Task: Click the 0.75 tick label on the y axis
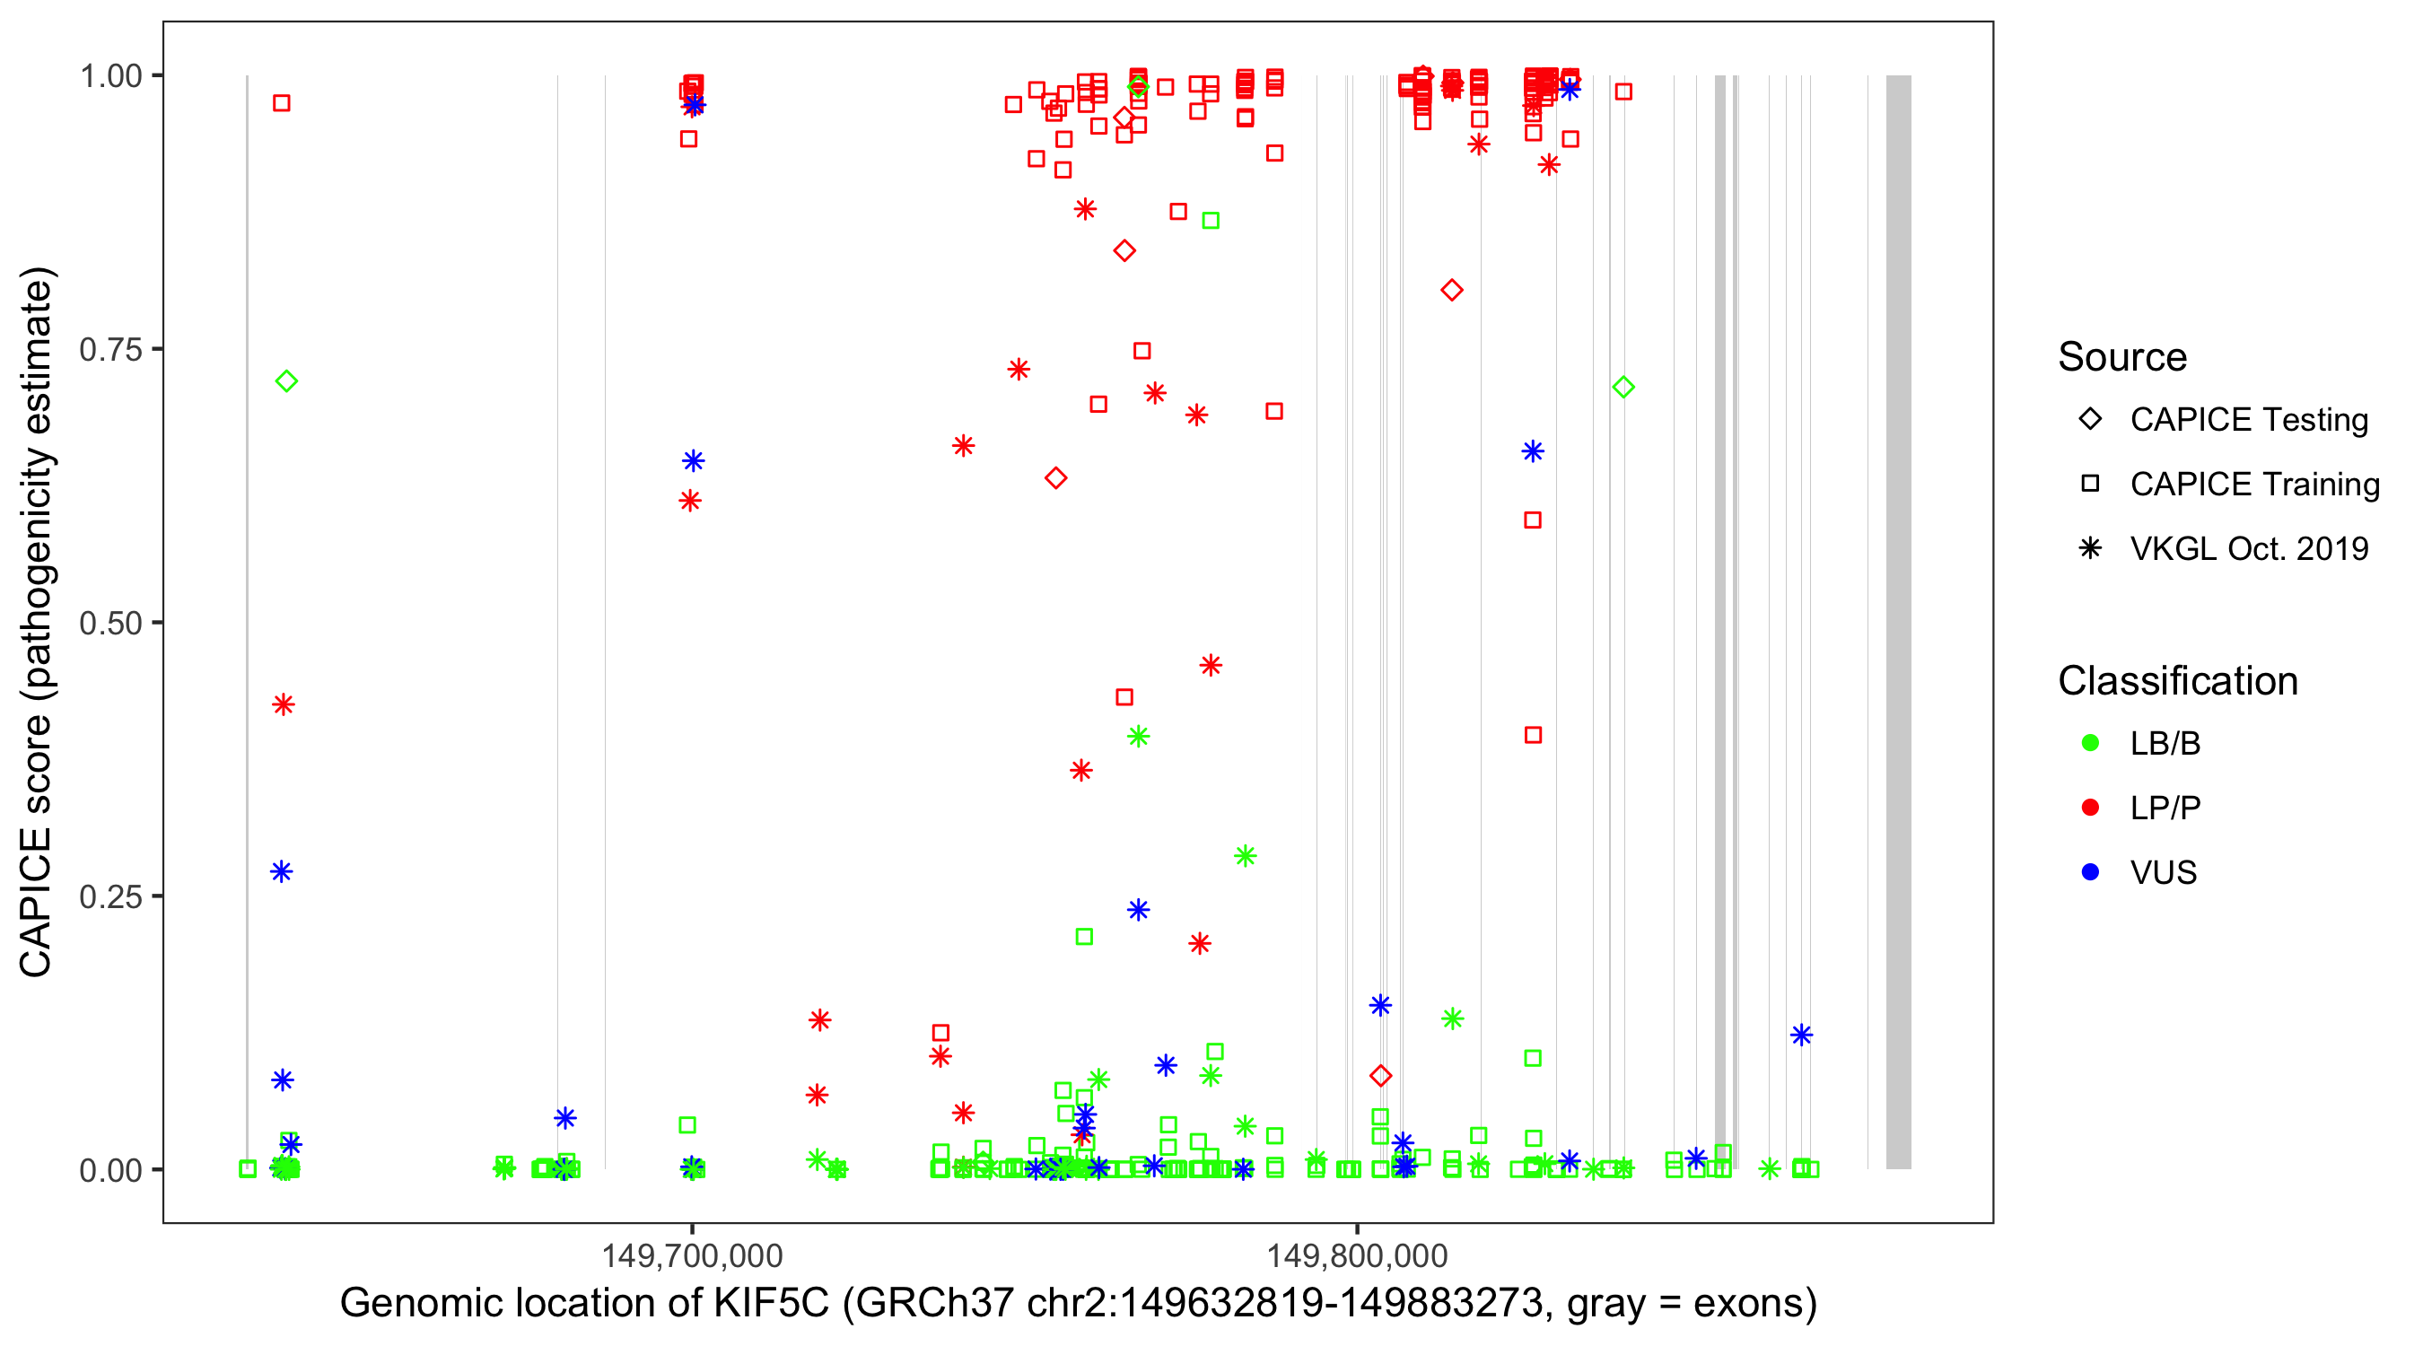110,349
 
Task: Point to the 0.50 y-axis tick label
110,623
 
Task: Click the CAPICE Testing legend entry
2248,420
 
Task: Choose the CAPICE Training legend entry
2253,485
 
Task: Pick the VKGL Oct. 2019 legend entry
2248,548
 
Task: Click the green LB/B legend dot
2091,743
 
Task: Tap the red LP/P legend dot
2091,808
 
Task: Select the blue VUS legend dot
2091,872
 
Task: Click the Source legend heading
2122,357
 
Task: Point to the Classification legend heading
2177,681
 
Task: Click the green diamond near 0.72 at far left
287,381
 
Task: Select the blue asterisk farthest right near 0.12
1801,1036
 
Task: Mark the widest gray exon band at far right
1898,621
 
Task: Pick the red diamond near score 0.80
1452,290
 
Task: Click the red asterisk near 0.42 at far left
283,704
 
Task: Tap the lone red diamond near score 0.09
1381,1075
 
